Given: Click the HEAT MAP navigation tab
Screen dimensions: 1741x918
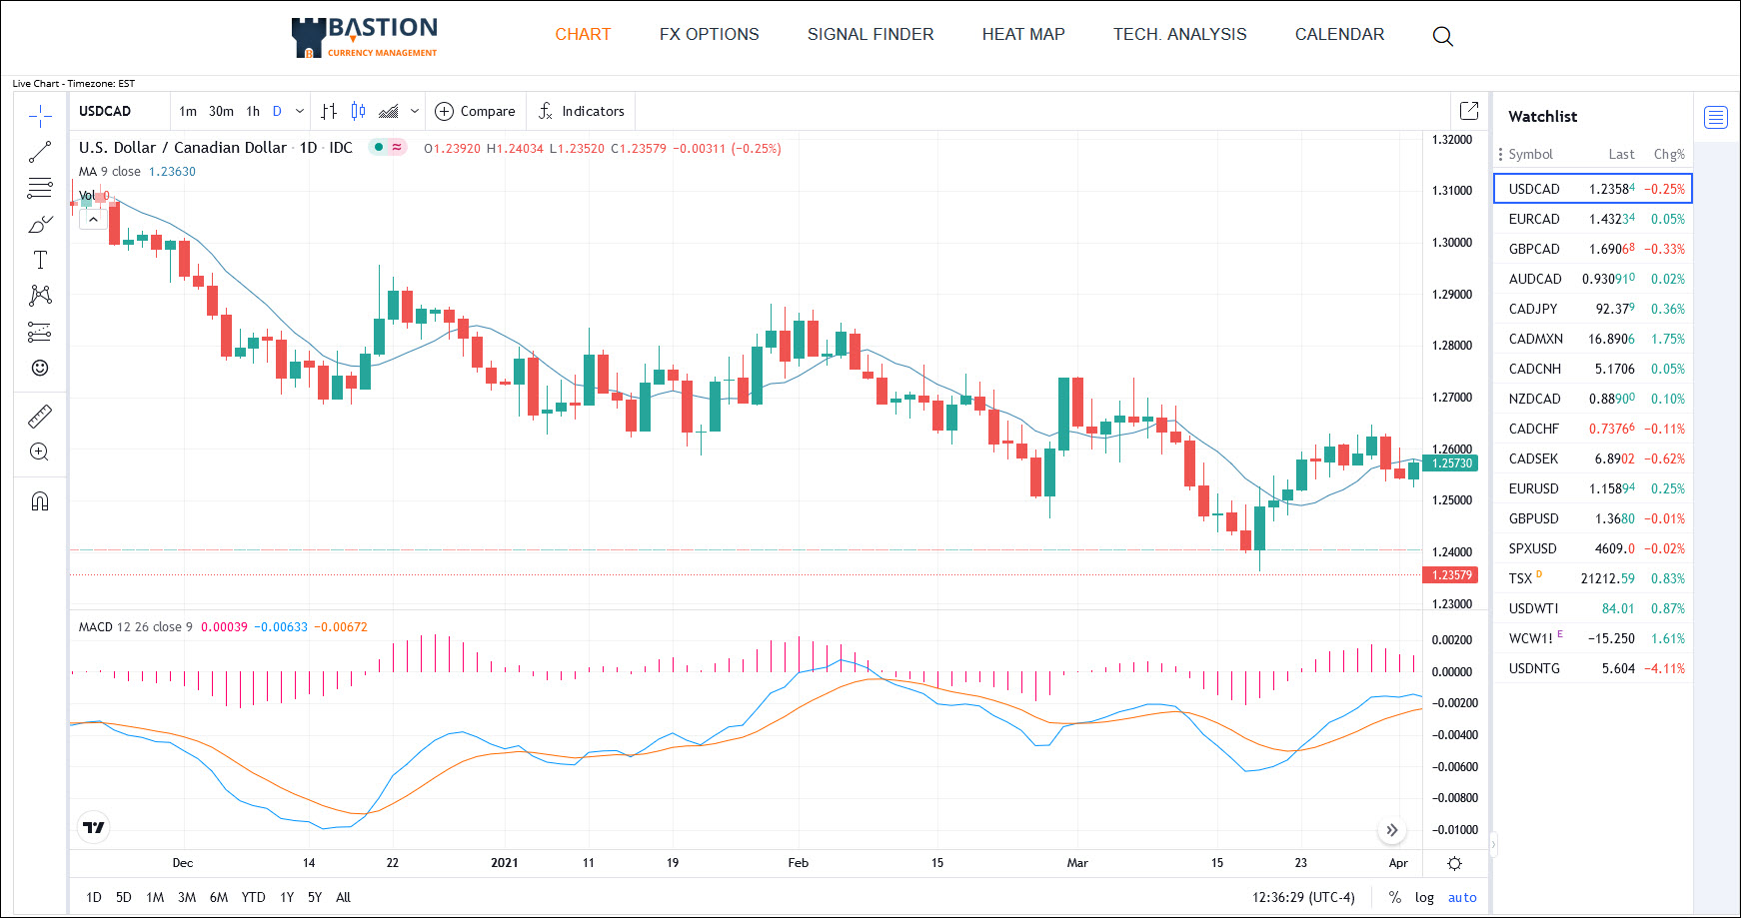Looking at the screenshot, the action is point(1023,34).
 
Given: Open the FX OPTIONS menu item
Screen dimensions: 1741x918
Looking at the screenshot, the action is point(709,34).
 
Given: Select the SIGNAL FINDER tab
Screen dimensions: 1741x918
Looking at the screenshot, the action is point(870,34).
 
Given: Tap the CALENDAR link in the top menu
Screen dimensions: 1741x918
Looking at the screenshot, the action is point(1339,34).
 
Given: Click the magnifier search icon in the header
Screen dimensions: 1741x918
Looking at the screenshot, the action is point(1442,36).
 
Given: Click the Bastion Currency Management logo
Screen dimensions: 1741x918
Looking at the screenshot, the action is point(365,37).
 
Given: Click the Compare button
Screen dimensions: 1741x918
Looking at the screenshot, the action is point(476,111).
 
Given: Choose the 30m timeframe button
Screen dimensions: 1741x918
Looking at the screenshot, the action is point(221,111).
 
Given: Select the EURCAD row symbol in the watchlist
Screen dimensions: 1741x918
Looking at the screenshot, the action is point(1533,219).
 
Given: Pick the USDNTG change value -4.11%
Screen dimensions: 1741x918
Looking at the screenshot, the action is point(1664,668).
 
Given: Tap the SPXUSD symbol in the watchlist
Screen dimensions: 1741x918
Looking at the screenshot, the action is point(1532,548).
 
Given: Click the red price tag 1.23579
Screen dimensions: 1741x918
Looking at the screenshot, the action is point(1451,575).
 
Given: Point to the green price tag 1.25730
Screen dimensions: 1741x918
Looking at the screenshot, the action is point(1451,462).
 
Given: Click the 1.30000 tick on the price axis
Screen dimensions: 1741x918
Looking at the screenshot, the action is point(1452,243).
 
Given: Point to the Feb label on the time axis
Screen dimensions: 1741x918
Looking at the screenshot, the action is point(798,863).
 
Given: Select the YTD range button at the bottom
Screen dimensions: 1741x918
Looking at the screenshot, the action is point(253,897).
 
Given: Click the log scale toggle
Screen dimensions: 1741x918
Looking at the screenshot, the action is point(1424,897).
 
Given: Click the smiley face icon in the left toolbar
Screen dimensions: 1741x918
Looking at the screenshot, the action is point(40,368).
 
